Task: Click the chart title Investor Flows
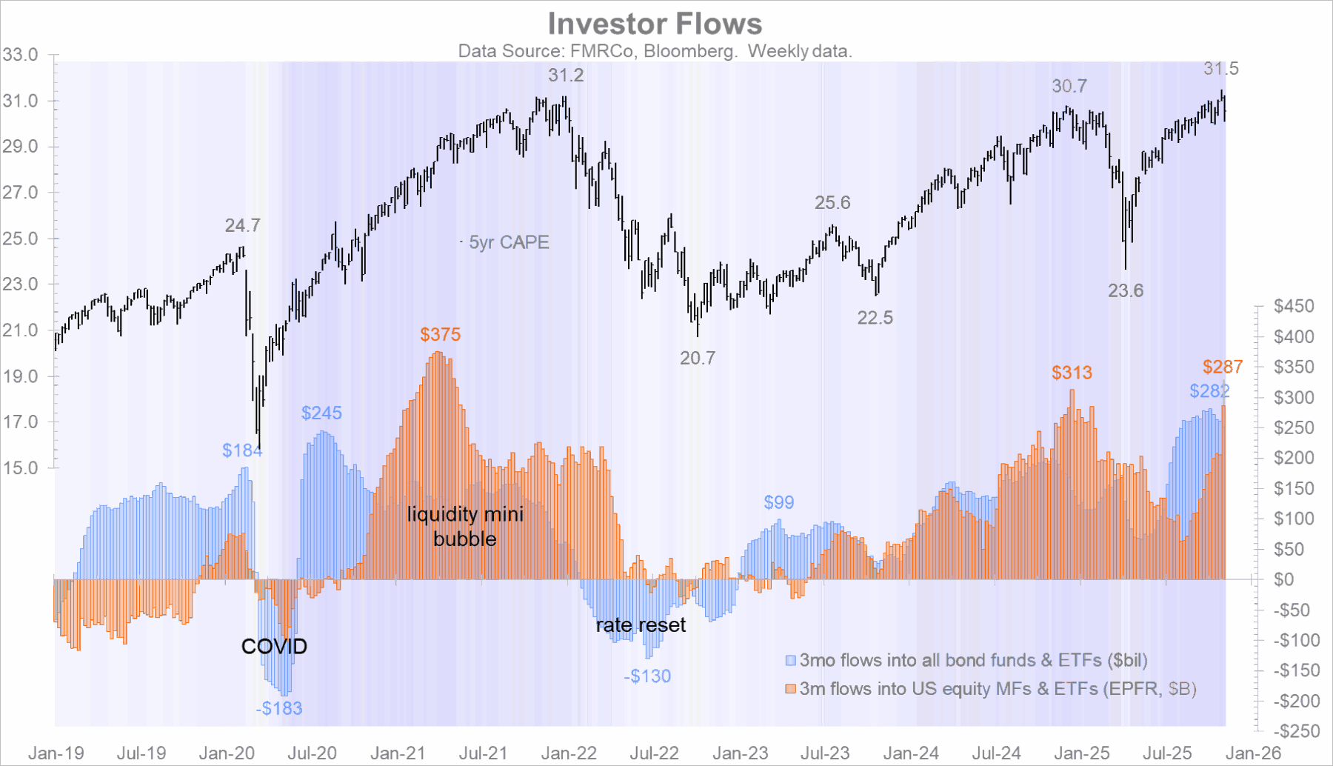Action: [655, 24]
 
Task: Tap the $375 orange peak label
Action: [441, 335]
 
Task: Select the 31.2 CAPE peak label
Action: [566, 76]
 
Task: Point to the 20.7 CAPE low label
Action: [698, 359]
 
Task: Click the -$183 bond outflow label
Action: [280, 709]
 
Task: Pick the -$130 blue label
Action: [647, 676]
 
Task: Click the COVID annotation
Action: [274, 647]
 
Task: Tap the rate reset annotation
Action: [641, 625]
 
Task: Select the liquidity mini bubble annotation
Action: [465, 527]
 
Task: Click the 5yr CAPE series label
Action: [509, 242]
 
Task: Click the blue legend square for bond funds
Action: [791, 660]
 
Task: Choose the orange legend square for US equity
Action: [791, 689]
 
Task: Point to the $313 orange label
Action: [1072, 373]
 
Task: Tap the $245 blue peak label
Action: [321, 413]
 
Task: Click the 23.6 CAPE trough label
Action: [1126, 291]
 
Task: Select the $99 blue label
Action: [779, 503]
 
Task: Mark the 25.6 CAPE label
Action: [832, 203]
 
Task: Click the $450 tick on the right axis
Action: [1294, 306]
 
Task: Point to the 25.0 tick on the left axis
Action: [20, 239]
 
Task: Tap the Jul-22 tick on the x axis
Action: [655, 754]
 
